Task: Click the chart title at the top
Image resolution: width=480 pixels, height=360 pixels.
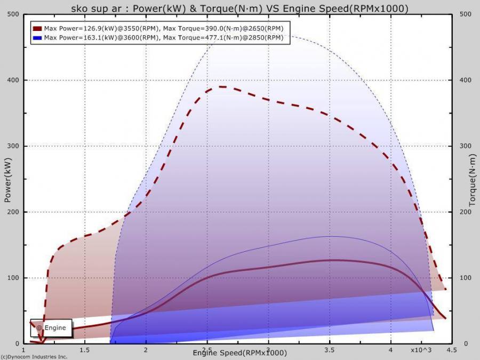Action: (x=240, y=8)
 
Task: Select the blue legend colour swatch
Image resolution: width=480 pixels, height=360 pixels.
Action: (x=37, y=38)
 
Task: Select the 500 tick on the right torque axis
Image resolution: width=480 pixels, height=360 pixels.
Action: (x=466, y=14)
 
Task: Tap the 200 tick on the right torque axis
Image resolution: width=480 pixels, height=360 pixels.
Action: (x=466, y=212)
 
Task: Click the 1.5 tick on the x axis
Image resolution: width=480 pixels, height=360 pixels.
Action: (x=84, y=350)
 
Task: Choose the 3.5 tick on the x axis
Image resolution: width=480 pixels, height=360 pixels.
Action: (x=330, y=350)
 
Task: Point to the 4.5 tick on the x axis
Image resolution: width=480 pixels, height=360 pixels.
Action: (x=451, y=350)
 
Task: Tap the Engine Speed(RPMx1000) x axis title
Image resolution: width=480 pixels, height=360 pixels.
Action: (x=239, y=353)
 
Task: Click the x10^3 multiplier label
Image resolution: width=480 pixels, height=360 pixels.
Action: (x=421, y=350)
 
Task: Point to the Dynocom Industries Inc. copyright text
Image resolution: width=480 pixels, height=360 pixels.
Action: (x=34, y=357)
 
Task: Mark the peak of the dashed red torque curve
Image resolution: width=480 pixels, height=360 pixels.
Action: (x=221, y=86)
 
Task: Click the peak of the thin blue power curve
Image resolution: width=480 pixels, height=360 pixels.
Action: (x=330, y=236)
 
